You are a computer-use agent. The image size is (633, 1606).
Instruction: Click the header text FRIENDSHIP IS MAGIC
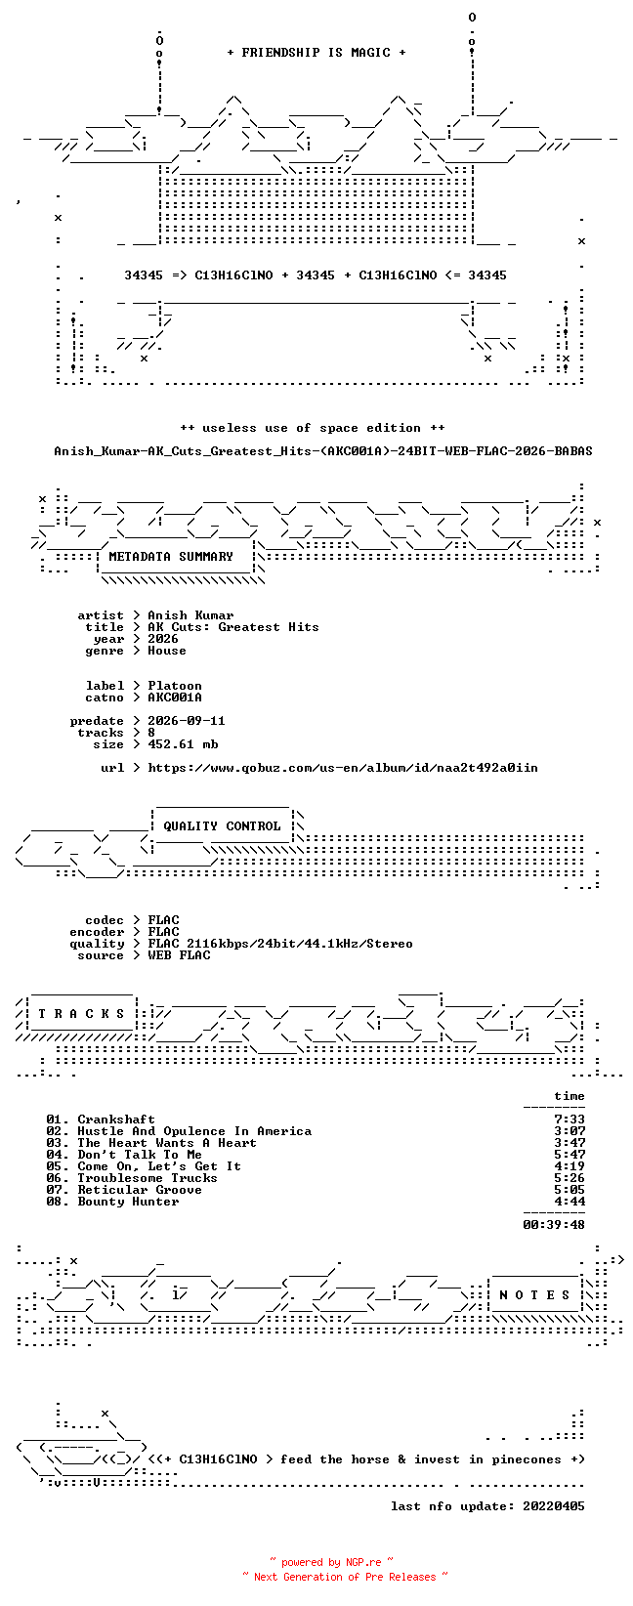point(316,53)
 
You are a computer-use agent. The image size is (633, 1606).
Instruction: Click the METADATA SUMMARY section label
point(171,557)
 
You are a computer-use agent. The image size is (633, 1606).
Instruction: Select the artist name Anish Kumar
point(190,615)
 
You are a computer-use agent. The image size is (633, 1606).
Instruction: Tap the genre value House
point(167,651)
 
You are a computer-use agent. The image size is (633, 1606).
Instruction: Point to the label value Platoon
point(175,686)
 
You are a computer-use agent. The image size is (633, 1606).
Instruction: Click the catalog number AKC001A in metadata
point(175,697)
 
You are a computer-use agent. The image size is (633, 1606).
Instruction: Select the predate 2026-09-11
point(187,721)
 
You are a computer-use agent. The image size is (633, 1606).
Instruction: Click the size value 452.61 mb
point(183,744)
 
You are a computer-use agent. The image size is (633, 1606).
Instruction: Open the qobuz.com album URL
point(343,768)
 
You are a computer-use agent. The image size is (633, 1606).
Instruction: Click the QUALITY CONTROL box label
point(222,825)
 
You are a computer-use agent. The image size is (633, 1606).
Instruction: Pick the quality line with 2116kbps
point(280,944)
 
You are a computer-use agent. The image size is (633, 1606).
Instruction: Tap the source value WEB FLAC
point(179,955)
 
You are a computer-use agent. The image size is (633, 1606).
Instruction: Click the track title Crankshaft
point(116,1120)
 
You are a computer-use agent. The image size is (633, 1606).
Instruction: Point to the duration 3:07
point(570,1131)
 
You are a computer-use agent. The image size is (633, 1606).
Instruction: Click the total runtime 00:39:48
point(554,1225)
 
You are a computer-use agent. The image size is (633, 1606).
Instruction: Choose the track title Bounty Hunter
point(128,1202)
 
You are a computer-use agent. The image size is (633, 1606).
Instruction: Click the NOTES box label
point(534,1294)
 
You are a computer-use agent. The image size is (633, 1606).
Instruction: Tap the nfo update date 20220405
point(554,1506)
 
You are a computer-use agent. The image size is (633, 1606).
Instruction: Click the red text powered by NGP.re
point(331,1562)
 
